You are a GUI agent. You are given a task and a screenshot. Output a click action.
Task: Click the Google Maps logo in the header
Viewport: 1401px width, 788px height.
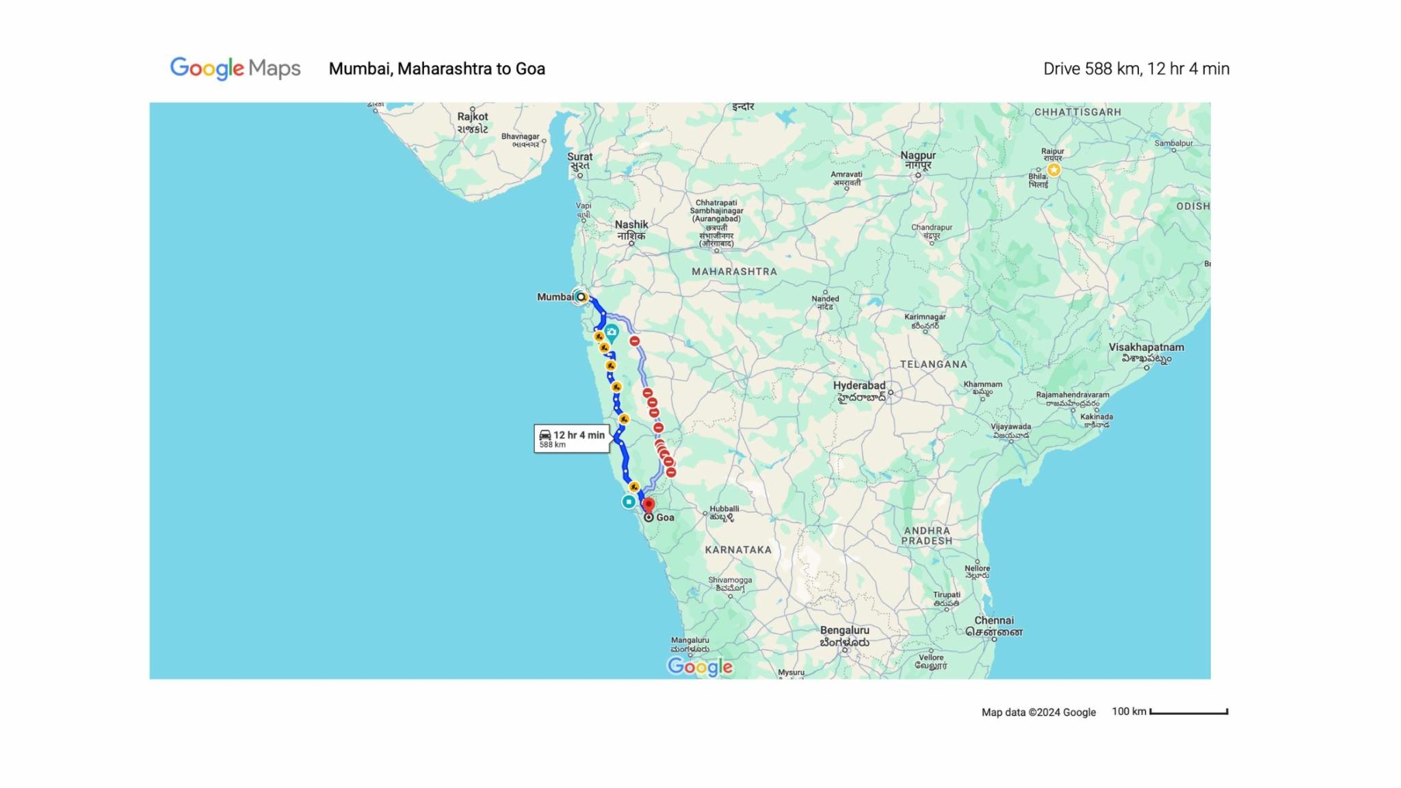tap(235, 68)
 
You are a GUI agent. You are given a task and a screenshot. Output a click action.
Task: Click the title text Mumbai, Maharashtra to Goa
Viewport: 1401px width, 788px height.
tap(436, 69)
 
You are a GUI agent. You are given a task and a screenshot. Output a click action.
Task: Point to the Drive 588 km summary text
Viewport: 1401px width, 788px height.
tap(1136, 69)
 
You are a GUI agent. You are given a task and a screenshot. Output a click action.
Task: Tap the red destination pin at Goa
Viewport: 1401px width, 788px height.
tap(649, 505)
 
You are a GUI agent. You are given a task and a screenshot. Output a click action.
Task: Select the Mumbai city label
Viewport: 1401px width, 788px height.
tap(555, 297)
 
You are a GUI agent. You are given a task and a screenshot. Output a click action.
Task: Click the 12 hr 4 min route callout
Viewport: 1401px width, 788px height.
tap(571, 438)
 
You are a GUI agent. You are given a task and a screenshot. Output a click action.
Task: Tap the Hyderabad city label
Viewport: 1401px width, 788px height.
tap(859, 386)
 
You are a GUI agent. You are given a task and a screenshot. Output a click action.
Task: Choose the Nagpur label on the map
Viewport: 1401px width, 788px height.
tap(919, 155)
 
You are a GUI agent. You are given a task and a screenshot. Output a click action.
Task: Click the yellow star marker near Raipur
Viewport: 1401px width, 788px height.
tap(1053, 170)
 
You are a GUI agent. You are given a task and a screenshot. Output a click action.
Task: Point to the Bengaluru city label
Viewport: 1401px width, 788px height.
tap(844, 631)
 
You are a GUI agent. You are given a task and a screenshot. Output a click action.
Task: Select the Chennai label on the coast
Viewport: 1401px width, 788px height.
tap(994, 621)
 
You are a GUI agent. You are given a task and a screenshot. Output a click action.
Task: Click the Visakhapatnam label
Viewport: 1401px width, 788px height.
tap(1146, 347)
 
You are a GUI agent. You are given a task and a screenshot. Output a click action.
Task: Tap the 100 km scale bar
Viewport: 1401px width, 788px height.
tap(1188, 712)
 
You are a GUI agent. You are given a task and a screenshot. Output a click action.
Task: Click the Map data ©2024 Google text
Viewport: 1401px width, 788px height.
tap(1038, 712)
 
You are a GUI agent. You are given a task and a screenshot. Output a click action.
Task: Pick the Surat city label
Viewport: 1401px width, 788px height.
tap(579, 157)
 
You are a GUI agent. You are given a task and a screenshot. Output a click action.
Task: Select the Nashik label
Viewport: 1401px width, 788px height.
tap(631, 224)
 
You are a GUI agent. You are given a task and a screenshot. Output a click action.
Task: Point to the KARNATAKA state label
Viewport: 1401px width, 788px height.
tap(738, 550)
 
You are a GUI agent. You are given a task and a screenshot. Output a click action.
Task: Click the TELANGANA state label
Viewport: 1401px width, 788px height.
tap(933, 365)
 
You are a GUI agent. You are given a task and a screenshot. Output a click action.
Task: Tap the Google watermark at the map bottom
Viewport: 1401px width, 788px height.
tap(700, 666)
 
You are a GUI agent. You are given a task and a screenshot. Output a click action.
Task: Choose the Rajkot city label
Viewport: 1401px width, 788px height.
tap(473, 117)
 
